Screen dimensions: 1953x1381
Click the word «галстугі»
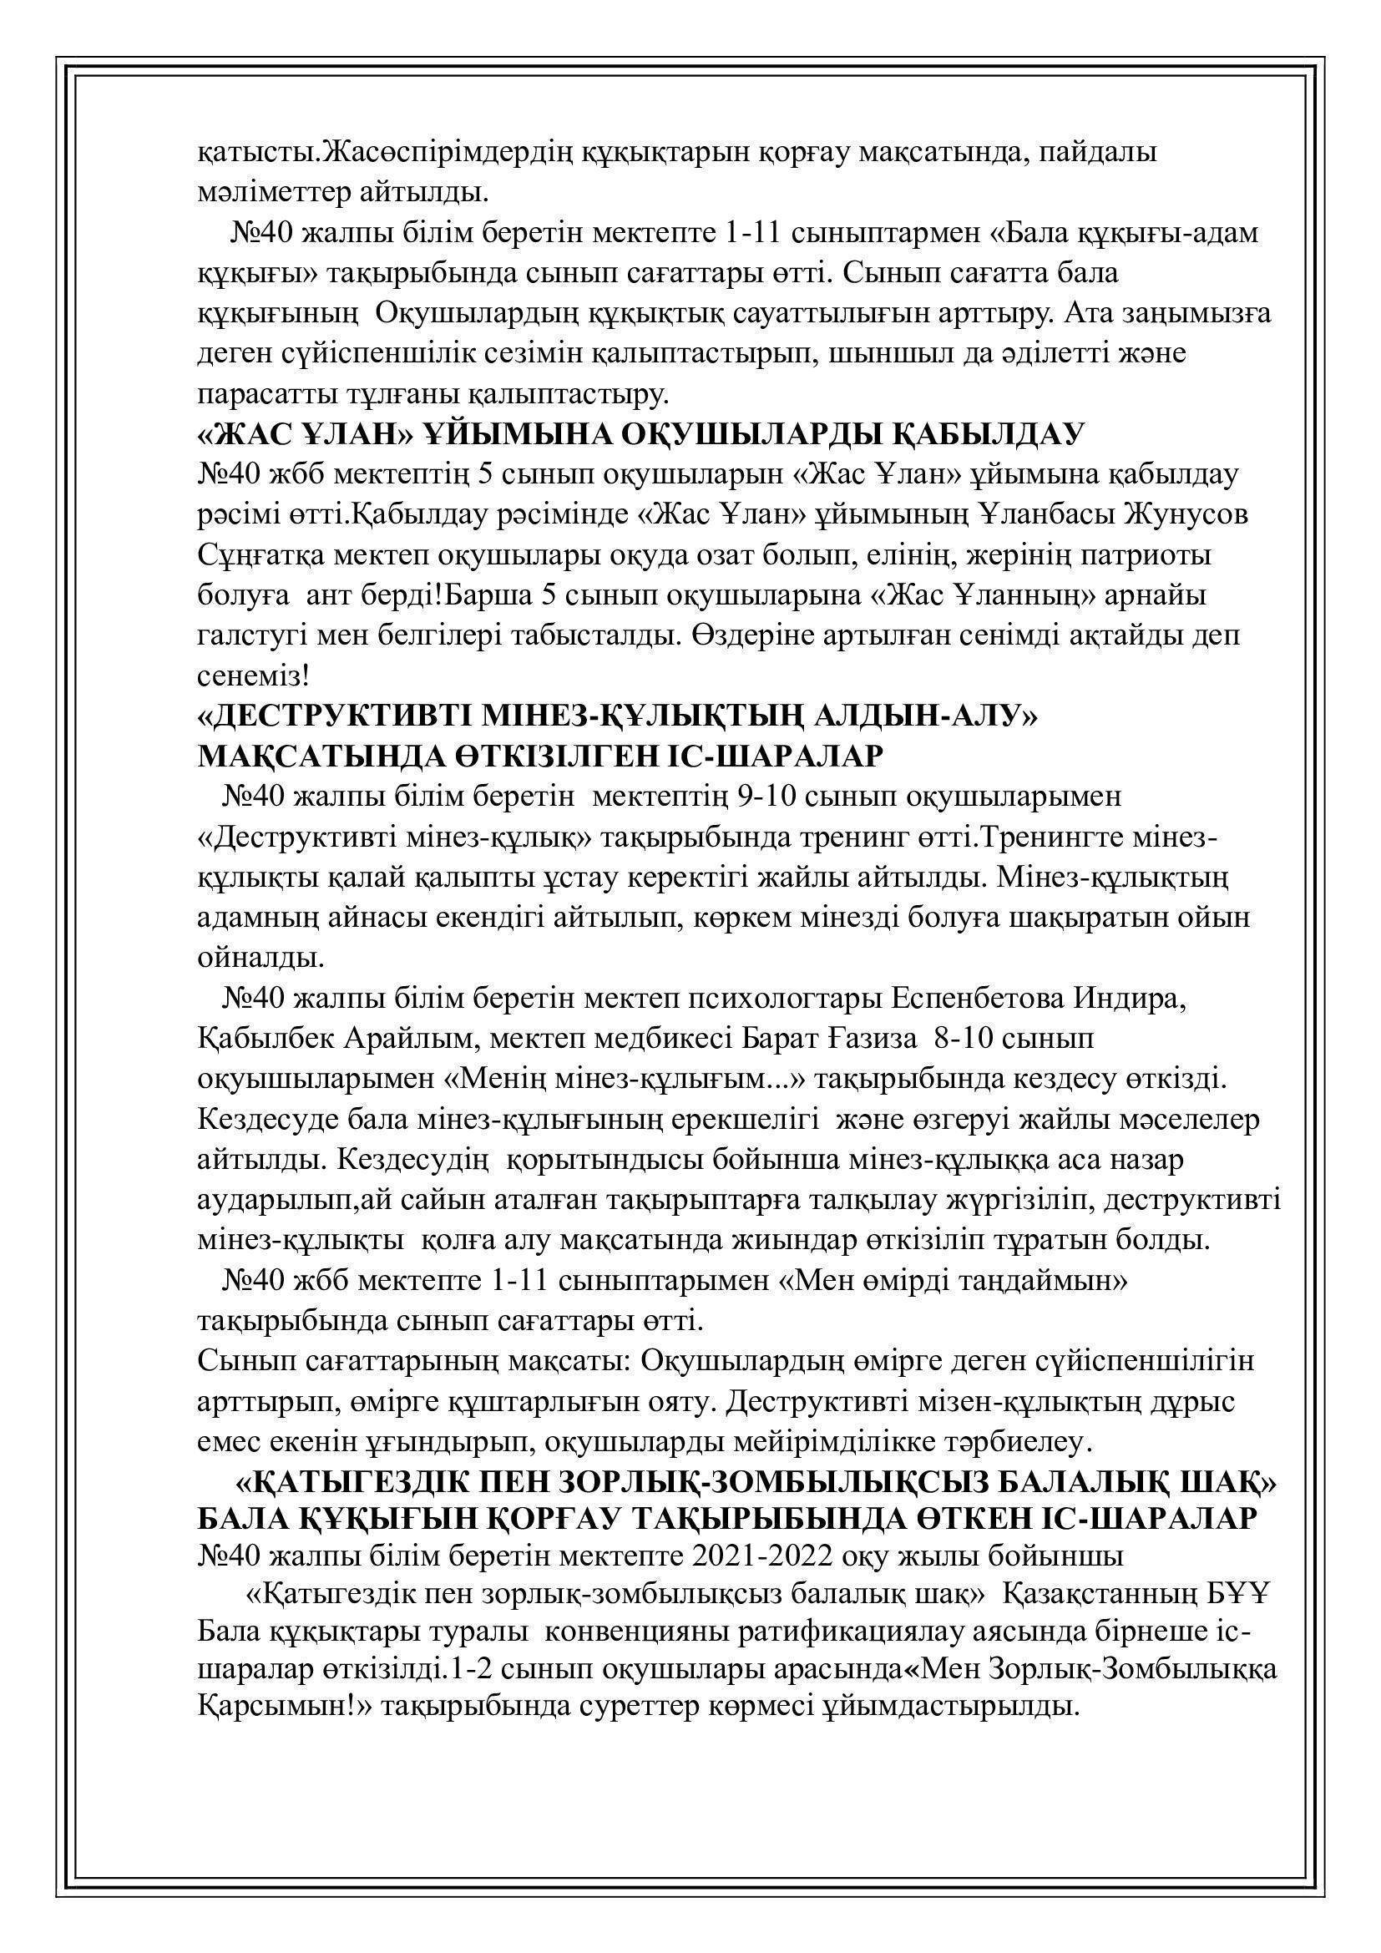tap(250, 636)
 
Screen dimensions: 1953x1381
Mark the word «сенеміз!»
tap(251, 676)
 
